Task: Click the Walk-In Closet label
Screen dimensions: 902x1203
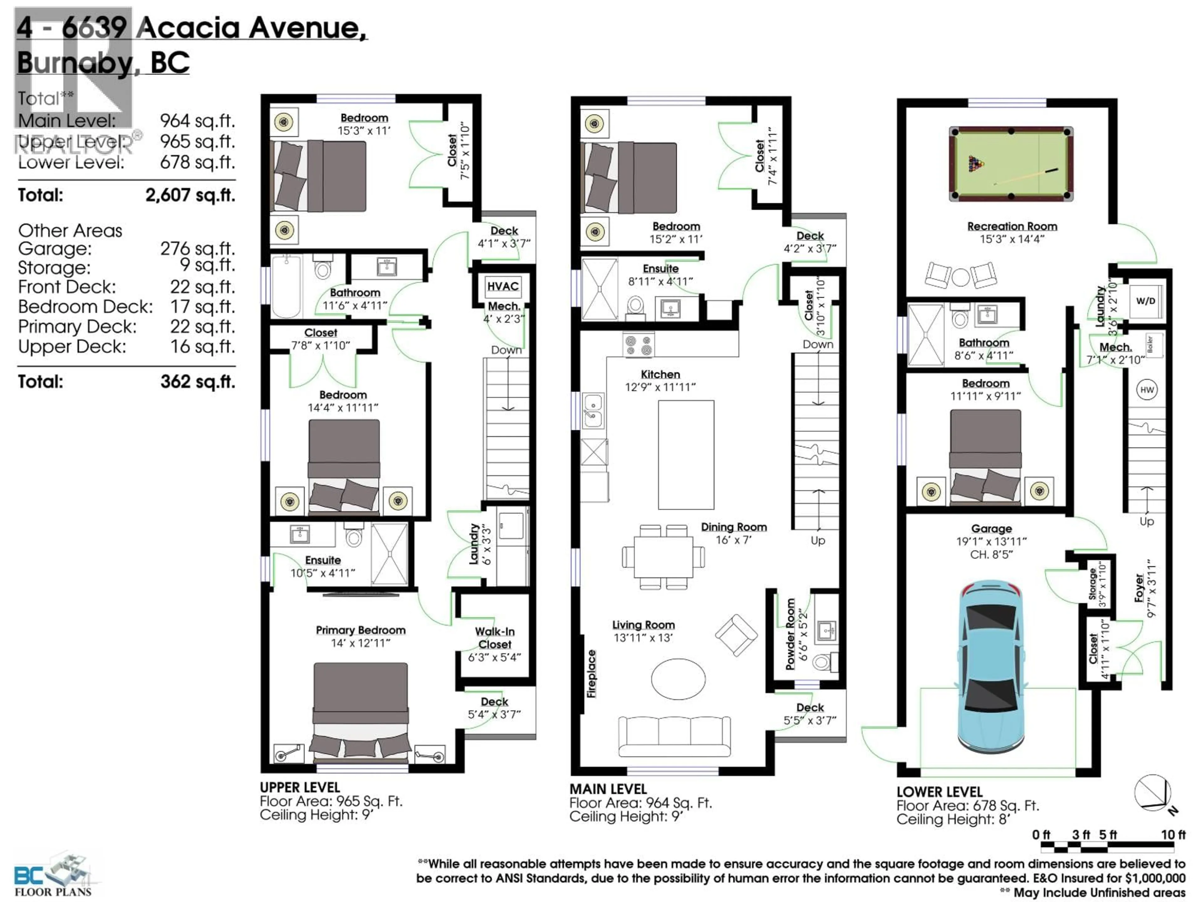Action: click(494, 638)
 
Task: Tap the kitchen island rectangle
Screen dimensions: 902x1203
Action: click(686, 454)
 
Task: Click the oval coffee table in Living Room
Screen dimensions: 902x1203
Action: click(678, 679)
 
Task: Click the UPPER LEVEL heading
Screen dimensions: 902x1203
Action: click(300, 787)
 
